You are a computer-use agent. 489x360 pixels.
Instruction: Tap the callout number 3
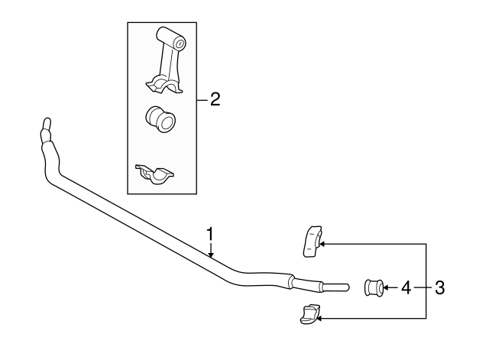click(439, 288)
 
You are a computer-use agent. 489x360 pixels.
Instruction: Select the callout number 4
click(406, 288)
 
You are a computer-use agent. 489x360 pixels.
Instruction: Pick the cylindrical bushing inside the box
click(160, 118)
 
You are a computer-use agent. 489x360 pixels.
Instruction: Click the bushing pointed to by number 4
click(373, 287)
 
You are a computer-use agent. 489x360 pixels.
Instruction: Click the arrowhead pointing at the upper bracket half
click(322, 244)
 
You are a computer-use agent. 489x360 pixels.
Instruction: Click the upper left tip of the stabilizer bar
click(45, 122)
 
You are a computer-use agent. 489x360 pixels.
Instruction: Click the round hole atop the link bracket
click(179, 44)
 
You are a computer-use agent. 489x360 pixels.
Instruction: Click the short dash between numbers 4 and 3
click(423, 288)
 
